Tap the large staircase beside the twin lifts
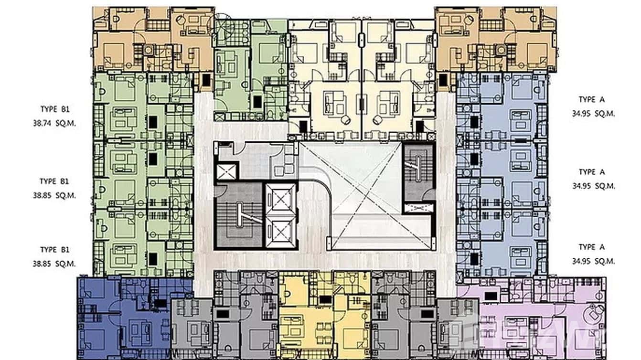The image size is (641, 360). tap(238, 215)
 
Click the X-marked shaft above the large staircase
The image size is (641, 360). tap(226, 171)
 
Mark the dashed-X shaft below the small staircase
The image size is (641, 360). tap(418, 208)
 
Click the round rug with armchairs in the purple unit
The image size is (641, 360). tap(596, 313)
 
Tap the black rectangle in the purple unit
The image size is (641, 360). tap(491, 296)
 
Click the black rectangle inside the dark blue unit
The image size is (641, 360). tap(160, 303)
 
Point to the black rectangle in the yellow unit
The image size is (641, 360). tap(325, 299)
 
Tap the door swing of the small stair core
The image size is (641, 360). tap(428, 195)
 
